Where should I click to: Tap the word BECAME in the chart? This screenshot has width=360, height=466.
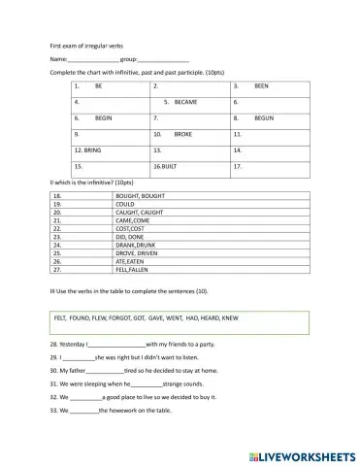185,101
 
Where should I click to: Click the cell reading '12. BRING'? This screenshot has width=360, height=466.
87,150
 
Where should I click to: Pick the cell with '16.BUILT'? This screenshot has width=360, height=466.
165,167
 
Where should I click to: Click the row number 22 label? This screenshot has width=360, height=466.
57,228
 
